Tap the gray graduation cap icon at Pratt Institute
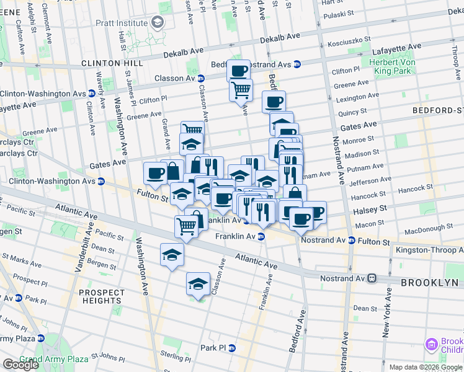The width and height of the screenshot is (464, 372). [x=158, y=23]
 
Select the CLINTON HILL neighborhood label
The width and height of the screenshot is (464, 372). [x=112, y=63]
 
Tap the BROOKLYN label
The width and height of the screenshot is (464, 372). [x=432, y=282]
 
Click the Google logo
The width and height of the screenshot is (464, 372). [x=20, y=365]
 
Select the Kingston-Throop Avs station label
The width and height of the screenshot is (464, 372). [x=427, y=250]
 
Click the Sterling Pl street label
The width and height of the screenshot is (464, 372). [x=174, y=355]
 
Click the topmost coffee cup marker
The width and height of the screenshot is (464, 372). [x=238, y=70]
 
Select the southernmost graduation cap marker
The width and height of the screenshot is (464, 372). [x=198, y=283]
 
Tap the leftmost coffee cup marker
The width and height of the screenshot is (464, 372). [x=155, y=172]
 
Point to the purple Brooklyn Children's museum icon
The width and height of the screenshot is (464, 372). [x=432, y=344]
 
